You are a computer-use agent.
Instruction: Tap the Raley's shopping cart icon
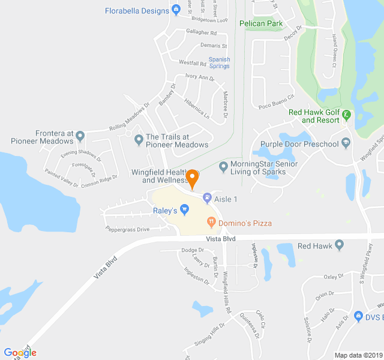185,210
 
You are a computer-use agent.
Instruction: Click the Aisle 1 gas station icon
207,197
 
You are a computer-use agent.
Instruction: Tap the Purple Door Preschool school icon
346,143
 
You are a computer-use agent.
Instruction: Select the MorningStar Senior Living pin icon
224,166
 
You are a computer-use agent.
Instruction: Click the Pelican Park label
260,24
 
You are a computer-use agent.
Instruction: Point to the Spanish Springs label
219,62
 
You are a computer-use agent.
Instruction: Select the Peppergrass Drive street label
127,229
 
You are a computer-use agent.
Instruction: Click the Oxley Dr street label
334,277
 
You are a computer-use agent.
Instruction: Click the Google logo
20,352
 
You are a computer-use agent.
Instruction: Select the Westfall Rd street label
193,62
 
